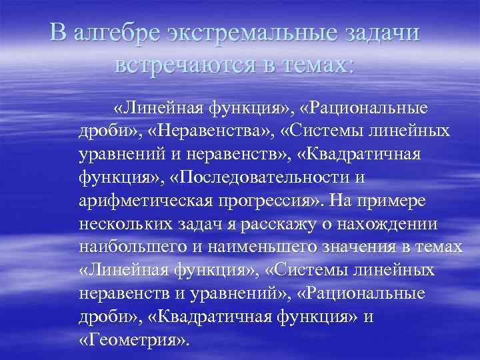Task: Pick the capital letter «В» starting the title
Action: point(60,33)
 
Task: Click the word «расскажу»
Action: point(281,225)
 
